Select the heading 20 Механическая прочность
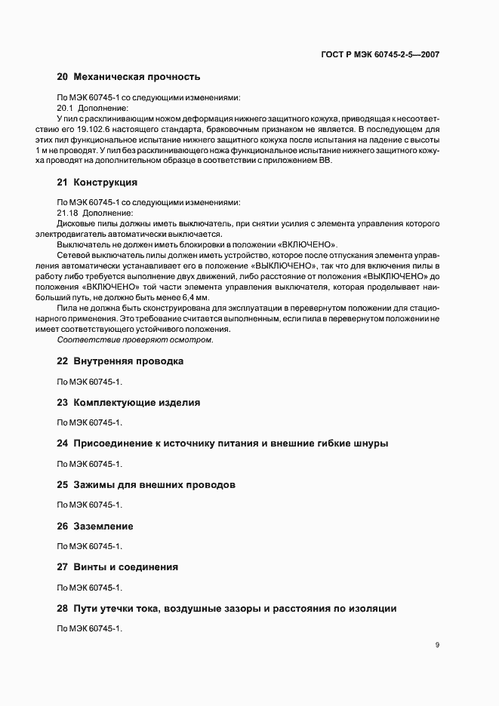[128, 77]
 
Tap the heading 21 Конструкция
[97, 183]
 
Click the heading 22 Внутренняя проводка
[121, 361]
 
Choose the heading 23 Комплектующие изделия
[129, 403]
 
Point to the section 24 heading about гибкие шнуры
[223, 444]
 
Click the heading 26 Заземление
[95, 526]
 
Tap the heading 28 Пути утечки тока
[226, 608]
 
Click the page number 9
[437, 645]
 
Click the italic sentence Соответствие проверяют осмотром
[135, 339]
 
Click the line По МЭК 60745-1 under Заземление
[89, 546]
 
